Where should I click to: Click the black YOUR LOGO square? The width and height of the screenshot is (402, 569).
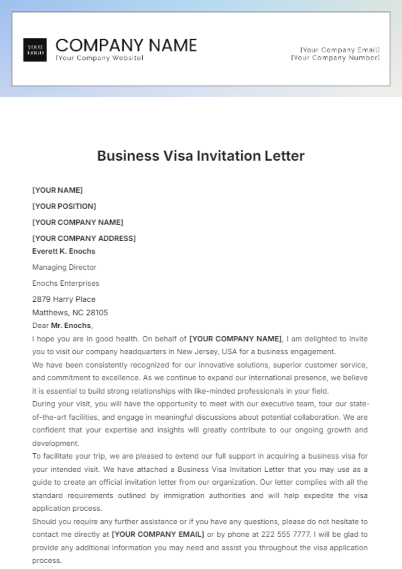(x=35, y=50)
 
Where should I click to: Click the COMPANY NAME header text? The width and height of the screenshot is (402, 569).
(x=126, y=45)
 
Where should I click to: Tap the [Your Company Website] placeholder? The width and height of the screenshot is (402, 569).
(x=99, y=58)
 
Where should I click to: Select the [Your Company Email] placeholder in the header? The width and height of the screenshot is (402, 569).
(x=340, y=50)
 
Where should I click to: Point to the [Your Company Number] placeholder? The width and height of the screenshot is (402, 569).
(x=335, y=58)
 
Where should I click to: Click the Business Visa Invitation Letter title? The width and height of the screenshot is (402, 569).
(x=201, y=156)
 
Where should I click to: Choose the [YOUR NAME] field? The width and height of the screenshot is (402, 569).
(x=57, y=190)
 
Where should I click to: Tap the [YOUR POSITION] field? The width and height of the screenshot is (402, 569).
(x=64, y=206)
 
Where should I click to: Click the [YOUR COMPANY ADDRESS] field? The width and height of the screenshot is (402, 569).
(x=84, y=238)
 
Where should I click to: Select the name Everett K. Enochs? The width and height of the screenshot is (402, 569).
(x=64, y=251)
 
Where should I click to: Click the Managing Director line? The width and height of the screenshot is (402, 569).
(x=64, y=267)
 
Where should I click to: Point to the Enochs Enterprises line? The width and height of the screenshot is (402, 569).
(x=66, y=283)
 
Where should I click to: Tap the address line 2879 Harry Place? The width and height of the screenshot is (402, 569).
(x=64, y=299)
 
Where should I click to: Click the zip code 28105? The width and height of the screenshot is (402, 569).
(x=97, y=313)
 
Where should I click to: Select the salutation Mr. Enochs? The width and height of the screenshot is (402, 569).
(x=71, y=325)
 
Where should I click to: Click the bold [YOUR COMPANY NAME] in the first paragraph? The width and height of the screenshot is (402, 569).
(x=236, y=339)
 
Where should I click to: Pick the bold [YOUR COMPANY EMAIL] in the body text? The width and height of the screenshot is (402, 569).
(x=157, y=535)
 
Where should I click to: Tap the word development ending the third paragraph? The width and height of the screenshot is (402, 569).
(x=55, y=443)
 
